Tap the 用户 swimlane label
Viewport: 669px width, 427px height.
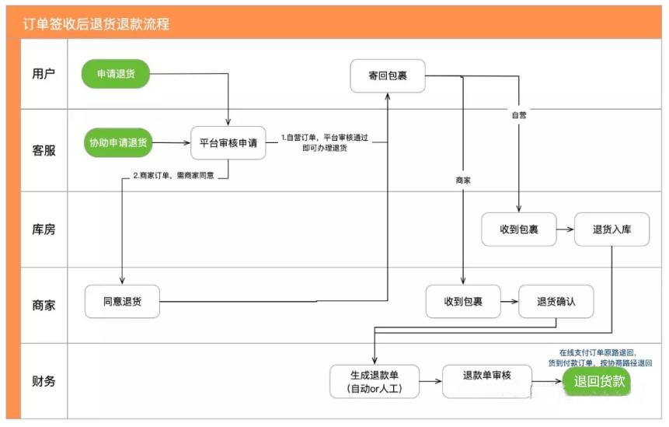tap(44, 75)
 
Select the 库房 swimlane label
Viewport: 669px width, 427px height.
tap(44, 229)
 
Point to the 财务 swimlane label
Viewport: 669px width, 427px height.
tap(44, 381)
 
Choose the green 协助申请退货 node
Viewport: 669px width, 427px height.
tap(118, 142)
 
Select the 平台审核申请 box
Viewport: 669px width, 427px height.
tap(228, 142)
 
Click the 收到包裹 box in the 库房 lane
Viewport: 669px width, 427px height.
tap(518, 229)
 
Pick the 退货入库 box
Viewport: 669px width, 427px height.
tap(612, 229)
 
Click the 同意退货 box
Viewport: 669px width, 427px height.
tap(122, 301)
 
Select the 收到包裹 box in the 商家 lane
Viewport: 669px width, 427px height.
tap(463, 301)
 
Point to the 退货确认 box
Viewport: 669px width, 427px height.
tap(556, 301)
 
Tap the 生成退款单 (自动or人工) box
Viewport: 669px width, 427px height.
tap(375, 381)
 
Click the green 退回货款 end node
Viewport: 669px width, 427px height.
tap(597, 381)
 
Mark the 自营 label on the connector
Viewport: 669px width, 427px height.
tap(518, 115)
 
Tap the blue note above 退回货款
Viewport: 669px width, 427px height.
tap(598, 357)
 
